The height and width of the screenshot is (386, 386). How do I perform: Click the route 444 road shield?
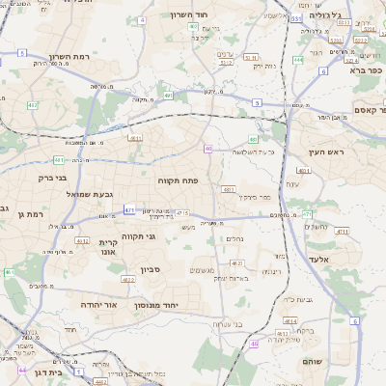pos(298,60)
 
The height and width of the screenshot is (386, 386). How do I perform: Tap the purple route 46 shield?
pos(208,149)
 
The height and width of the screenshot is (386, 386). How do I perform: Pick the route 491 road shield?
pos(169,96)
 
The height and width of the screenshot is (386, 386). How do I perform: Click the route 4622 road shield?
pos(236,262)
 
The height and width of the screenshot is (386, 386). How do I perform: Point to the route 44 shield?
pos(21,370)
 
